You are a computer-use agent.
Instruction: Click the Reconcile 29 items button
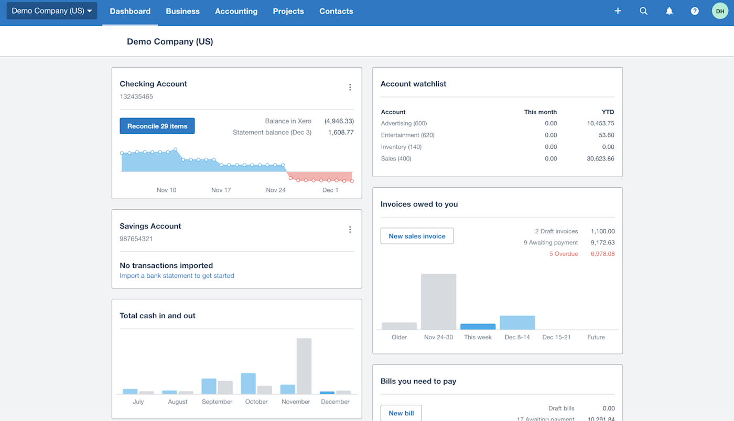click(157, 126)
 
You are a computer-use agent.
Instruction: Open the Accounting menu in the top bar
click(236, 11)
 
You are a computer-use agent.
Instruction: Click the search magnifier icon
click(643, 11)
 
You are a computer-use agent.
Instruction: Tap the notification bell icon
click(669, 11)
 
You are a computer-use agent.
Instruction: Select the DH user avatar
click(720, 11)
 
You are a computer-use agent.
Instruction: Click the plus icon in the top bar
click(618, 11)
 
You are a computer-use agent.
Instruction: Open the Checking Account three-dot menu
click(350, 88)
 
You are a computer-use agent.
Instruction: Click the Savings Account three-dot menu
click(350, 230)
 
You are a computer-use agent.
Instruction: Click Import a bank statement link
click(177, 276)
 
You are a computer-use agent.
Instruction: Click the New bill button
click(401, 413)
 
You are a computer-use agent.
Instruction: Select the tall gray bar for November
click(304, 366)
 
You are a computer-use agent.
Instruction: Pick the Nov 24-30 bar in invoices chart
click(438, 301)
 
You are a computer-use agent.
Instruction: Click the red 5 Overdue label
click(564, 254)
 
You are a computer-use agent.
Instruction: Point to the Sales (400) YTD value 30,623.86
click(600, 158)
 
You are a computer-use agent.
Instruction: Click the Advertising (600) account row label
click(404, 123)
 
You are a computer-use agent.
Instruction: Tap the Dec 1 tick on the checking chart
click(330, 190)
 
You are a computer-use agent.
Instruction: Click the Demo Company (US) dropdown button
click(52, 11)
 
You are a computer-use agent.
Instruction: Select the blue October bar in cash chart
click(248, 383)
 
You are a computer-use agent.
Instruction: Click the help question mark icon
click(695, 11)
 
